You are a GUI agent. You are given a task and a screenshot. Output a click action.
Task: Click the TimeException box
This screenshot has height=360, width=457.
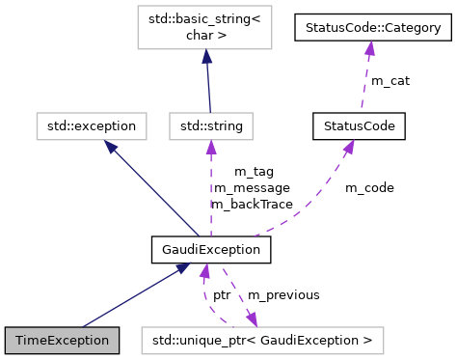click(x=63, y=341)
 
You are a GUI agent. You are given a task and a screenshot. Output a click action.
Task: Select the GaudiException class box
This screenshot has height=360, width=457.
click(x=210, y=250)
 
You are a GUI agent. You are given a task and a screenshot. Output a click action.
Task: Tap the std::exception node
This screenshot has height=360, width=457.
click(x=92, y=125)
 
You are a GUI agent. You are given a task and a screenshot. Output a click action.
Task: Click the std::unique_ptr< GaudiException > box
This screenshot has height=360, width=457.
click(x=262, y=341)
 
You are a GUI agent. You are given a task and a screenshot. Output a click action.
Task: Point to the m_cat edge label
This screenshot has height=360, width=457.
click(x=390, y=81)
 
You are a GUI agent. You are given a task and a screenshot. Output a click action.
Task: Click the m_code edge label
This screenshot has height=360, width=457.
click(x=369, y=187)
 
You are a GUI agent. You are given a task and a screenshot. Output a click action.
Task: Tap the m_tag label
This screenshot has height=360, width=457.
click(x=255, y=171)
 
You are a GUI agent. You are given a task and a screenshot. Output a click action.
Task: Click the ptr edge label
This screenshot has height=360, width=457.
click(x=222, y=294)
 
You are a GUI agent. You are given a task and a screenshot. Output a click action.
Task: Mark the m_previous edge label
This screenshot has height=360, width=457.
click(x=283, y=294)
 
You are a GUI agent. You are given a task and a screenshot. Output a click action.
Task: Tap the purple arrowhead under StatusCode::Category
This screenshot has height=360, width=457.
click(x=367, y=48)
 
